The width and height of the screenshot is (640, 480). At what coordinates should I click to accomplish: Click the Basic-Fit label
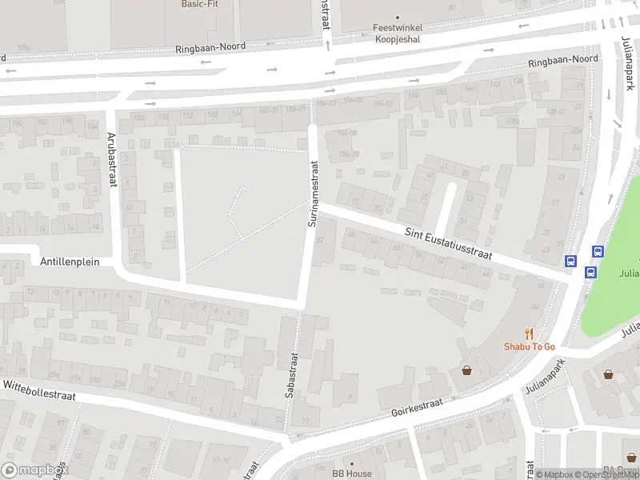[x=199, y=4]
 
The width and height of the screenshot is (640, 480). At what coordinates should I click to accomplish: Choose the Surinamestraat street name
[x=314, y=193]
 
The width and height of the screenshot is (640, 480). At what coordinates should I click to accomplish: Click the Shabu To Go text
[x=529, y=346]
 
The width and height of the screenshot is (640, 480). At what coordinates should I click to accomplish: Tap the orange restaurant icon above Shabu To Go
[x=529, y=333]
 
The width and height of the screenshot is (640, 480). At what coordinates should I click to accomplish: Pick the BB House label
[x=353, y=474]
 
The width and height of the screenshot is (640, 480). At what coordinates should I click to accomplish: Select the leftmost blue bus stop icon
[x=570, y=261]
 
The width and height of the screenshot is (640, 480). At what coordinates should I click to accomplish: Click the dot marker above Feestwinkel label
[x=398, y=16]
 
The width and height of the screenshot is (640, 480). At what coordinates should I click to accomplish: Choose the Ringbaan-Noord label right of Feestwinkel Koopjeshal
[x=563, y=60]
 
